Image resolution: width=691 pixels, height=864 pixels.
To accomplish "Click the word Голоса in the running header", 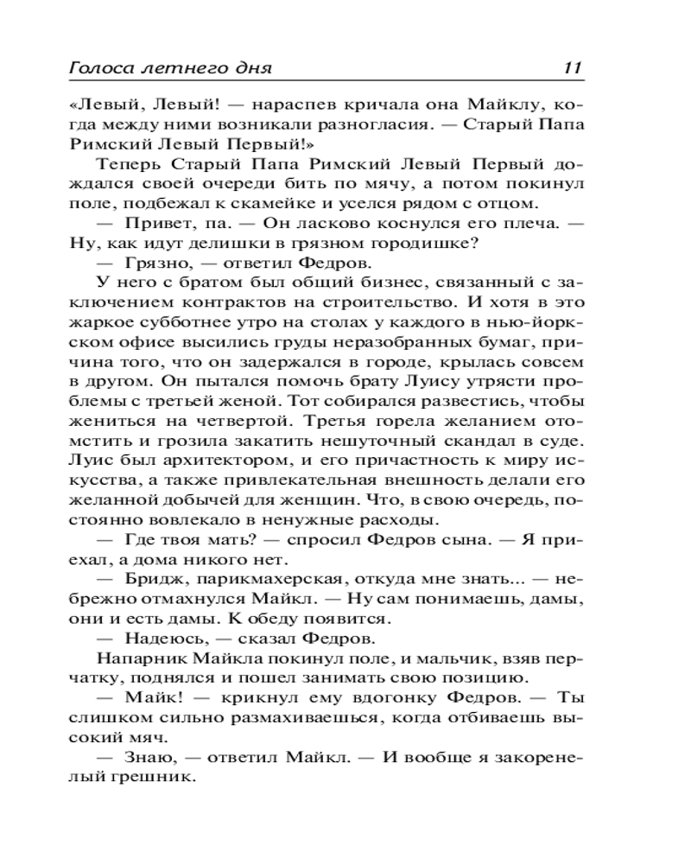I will click(x=92, y=68).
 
